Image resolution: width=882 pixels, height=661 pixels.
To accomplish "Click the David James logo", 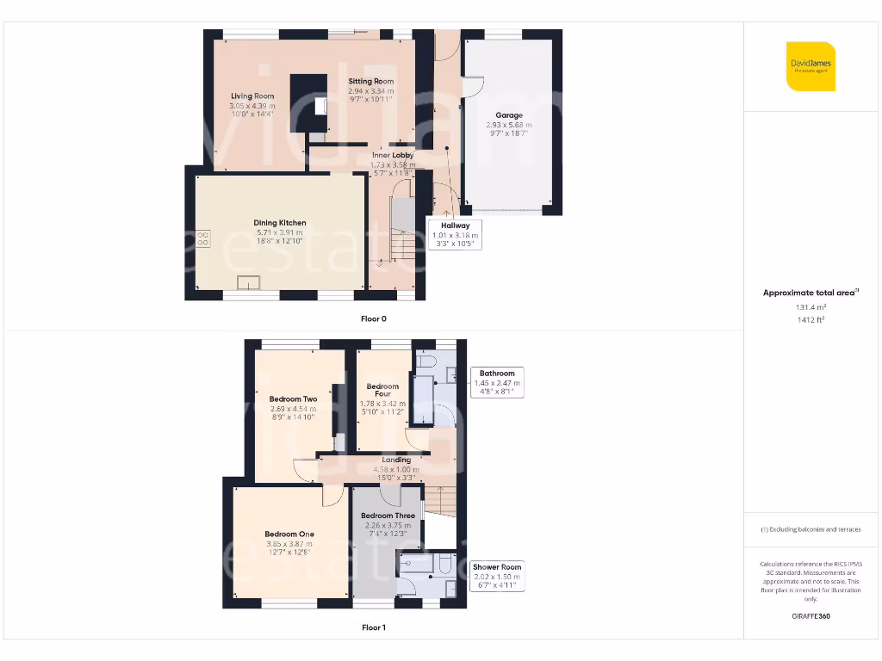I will (811, 66).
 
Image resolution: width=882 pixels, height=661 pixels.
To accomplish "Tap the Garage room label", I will (508, 115).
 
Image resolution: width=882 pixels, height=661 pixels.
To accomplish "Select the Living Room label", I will (252, 96).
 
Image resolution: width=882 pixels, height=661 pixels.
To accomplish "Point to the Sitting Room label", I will (370, 82).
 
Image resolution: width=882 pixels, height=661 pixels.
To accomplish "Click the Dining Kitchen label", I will (280, 223).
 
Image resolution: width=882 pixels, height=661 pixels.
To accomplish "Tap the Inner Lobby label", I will (392, 156).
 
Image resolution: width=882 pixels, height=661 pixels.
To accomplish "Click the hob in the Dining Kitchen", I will (204, 238).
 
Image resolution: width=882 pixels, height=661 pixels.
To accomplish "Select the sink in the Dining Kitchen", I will (250, 282).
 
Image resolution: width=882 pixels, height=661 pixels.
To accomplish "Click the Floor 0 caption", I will (374, 318).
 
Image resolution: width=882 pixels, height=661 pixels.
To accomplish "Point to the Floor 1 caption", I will (374, 627).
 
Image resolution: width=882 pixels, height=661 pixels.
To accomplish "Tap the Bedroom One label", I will (289, 534).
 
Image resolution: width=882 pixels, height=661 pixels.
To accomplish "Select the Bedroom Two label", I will (293, 399).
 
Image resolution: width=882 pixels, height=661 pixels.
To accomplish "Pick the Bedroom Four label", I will (382, 391).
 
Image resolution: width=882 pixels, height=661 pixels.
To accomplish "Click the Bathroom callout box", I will (497, 382).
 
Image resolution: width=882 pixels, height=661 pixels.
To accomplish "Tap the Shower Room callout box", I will (497, 576).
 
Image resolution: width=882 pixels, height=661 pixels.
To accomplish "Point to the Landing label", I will (396, 460).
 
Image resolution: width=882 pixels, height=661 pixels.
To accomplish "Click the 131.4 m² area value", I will (811, 306).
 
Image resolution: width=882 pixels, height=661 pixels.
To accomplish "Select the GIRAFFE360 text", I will (811, 616).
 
